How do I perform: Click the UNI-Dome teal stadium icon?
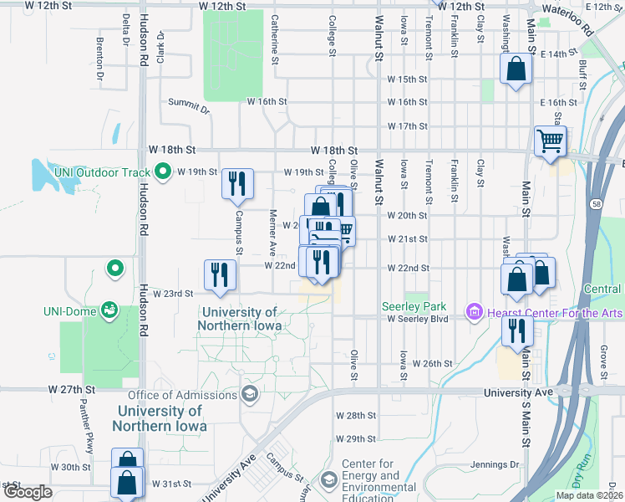coord(109,310)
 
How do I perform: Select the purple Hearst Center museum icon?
coord(475,312)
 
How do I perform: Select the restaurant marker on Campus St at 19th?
coord(237,184)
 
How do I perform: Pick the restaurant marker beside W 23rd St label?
coord(220,275)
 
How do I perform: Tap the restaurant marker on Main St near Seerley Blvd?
coord(517,331)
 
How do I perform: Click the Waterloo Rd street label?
coord(567,19)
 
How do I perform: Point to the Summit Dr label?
coord(188,104)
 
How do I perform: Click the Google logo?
coord(28,492)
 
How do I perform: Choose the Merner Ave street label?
coord(272,233)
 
